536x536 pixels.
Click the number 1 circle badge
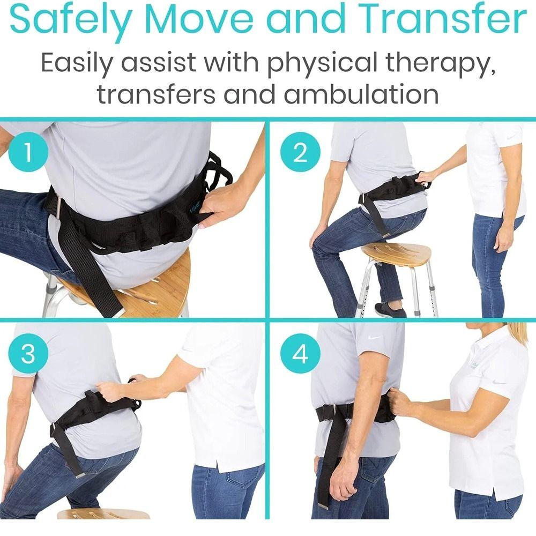click(28, 153)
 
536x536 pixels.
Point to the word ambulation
click(361, 94)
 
